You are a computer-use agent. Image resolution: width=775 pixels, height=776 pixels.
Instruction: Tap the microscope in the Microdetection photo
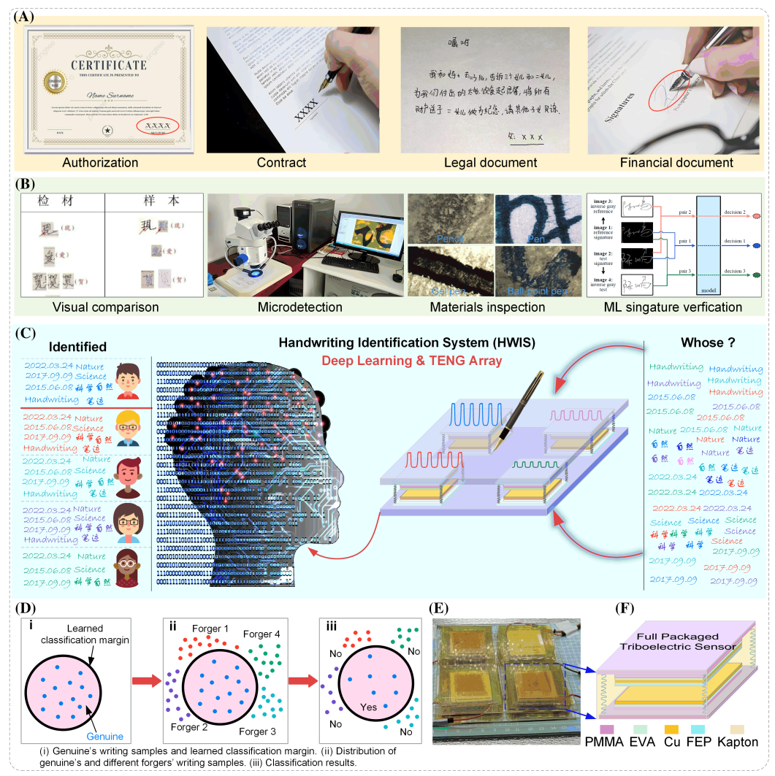pyautogui.click(x=248, y=240)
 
